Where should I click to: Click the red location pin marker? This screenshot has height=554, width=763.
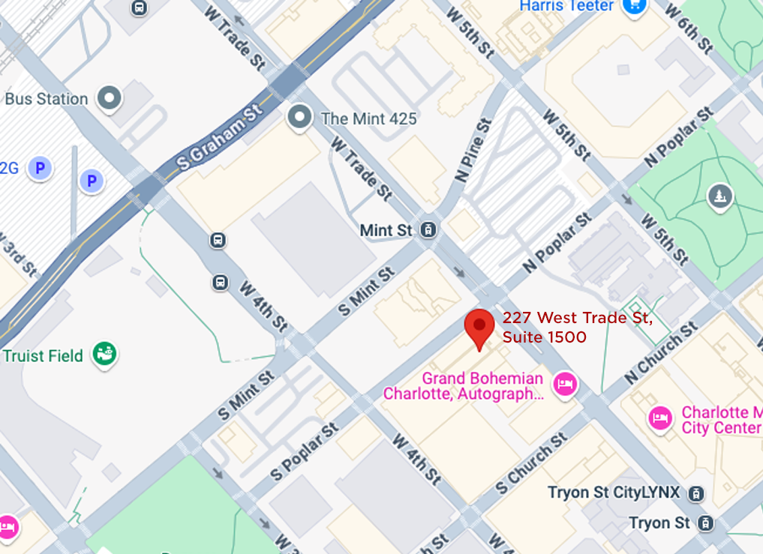point(479,327)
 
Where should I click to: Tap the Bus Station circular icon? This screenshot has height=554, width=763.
point(111,97)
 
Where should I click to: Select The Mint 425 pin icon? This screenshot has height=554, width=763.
point(301,117)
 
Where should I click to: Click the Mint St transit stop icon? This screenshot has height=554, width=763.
point(429,230)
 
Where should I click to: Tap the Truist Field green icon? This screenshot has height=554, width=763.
point(104,354)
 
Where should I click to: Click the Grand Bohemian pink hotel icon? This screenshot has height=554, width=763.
point(564,385)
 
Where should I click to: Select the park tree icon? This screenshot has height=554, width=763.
point(719,196)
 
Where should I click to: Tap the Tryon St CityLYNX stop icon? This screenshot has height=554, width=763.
point(697,493)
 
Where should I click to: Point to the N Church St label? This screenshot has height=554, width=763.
point(661,353)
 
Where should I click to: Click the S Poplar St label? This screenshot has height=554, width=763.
point(306,452)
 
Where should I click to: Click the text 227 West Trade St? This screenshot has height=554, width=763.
point(577,318)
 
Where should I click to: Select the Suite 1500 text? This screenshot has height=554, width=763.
point(545,337)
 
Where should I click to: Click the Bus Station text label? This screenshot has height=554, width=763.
point(47,99)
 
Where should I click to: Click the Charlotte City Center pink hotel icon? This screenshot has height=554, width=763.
point(660,418)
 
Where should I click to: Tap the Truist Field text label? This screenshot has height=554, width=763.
point(43,355)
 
